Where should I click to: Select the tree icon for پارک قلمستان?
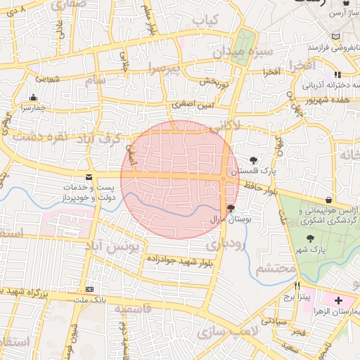click(253, 160)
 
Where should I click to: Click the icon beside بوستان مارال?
click(231, 208)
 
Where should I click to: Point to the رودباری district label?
click(226, 243)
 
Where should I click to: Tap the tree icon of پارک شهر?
click(310, 239)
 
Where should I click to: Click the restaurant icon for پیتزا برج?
click(298, 286)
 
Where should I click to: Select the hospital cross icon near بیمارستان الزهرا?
click(340, 300)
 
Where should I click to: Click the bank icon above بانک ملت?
click(89, 290)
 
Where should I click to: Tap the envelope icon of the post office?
click(89, 177)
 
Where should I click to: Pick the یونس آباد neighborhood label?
click(119, 247)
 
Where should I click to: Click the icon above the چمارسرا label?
click(33, 98)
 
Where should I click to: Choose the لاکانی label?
click(226, 125)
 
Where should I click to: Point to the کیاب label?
click(206, 19)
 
